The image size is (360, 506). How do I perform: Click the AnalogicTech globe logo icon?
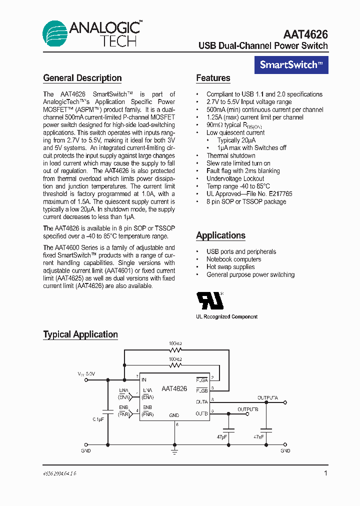pos(55,33)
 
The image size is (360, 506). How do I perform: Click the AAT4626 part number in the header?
pos(305,34)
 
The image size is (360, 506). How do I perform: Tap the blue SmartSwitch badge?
pos(291,64)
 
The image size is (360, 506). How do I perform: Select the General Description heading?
pos(82,78)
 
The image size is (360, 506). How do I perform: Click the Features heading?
pos(213,78)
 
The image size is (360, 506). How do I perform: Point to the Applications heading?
pos(220,235)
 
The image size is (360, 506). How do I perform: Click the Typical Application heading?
pos(80,334)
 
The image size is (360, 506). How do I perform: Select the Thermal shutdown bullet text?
pos(231,155)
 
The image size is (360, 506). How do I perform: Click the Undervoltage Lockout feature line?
pos(235,178)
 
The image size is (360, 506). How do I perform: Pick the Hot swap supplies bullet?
pos(230,267)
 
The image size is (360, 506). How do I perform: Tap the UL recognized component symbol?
pos(210,300)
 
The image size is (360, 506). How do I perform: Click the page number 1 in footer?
pos(325,473)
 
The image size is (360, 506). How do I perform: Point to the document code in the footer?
pos(59,472)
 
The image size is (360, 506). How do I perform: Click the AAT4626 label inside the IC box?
pos(174,388)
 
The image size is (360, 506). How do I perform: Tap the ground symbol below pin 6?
pos(174,451)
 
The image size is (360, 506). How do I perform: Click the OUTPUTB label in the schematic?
pos(248,409)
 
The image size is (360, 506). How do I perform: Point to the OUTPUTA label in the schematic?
pos(268,398)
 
